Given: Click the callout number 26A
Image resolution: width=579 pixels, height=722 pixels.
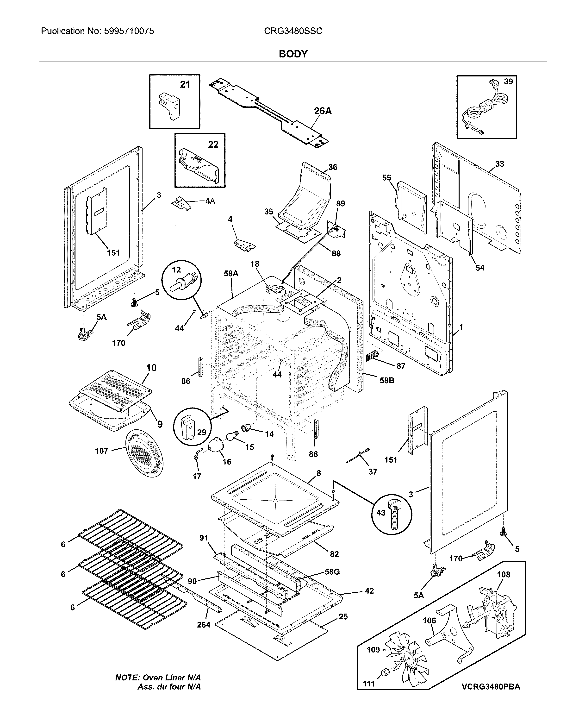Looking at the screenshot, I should pos(323,111).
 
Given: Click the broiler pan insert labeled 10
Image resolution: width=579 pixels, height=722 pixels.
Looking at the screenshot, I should pos(115,390).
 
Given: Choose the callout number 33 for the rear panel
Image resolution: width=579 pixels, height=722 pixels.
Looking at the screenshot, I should pos(499,164).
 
